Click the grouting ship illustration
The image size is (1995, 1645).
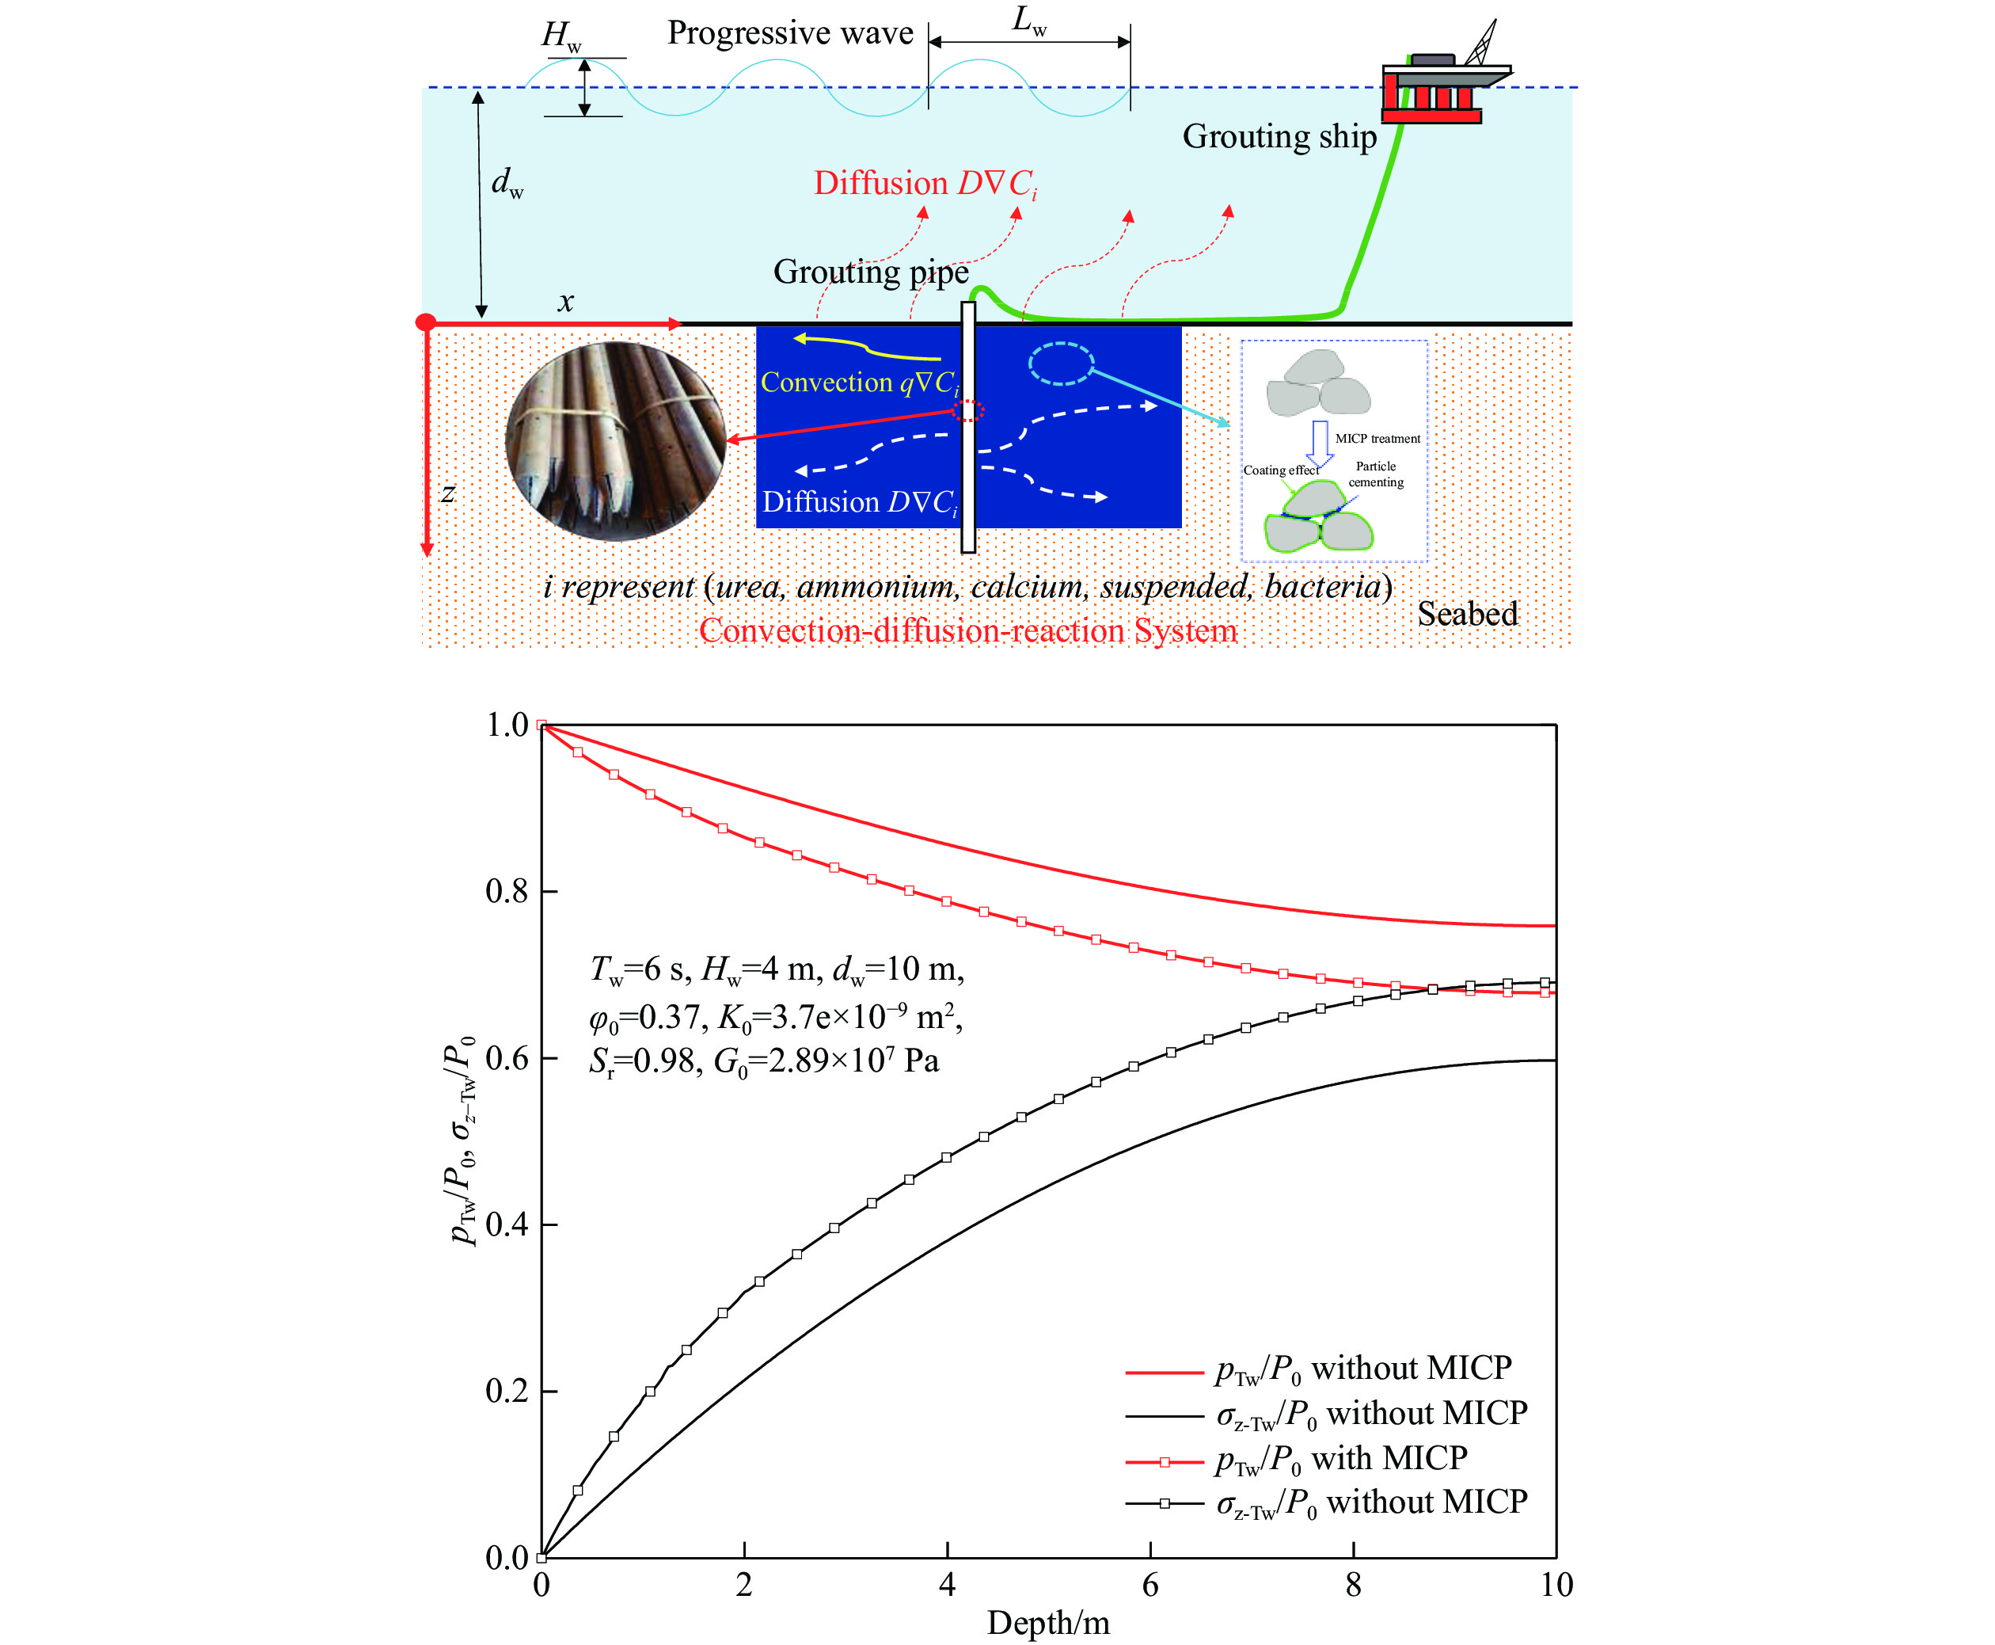pyautogui.click(x=1445, y=76)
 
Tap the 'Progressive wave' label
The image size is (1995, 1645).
pyautogui.click(x=790, y=33)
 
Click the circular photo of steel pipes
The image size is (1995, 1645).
pyautogui.click(x=616, y=442)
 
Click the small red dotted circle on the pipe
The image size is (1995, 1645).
pyautogui.click(x=968, y=410)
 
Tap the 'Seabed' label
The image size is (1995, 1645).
pyautogui.click(x=1468, y=614)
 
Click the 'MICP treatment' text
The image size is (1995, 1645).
pyautogui.click(x=1377, y=439)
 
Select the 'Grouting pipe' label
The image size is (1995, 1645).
pyautogui.click(x=871, y=272)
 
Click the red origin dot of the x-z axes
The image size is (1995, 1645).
pyautogui.click(x=426, y=322)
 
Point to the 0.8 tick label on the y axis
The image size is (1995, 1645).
pyautogui.click(x=507, y=891)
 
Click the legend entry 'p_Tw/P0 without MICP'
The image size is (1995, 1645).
pyautogui.click(x=1319, y=1370)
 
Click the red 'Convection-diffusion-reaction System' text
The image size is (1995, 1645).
pyautogui.click(x=968, y=631)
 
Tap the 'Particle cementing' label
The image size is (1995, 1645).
pyautogui.click(x=1375, y=474)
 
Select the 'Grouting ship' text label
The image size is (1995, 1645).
pyautogui.click(x=1279, y=136)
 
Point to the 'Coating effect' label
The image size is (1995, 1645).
pyautogui.click(x=1281, y=470)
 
